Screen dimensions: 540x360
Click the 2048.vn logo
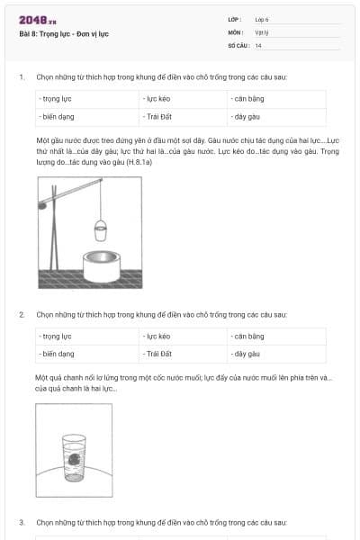point(38,20)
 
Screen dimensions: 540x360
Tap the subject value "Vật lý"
point(262,31)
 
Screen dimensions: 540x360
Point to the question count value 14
point(258,44)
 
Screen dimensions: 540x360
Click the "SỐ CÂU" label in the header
point(236,44)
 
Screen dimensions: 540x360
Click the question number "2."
point(22,314)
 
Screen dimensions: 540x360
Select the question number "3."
point(22,521)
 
